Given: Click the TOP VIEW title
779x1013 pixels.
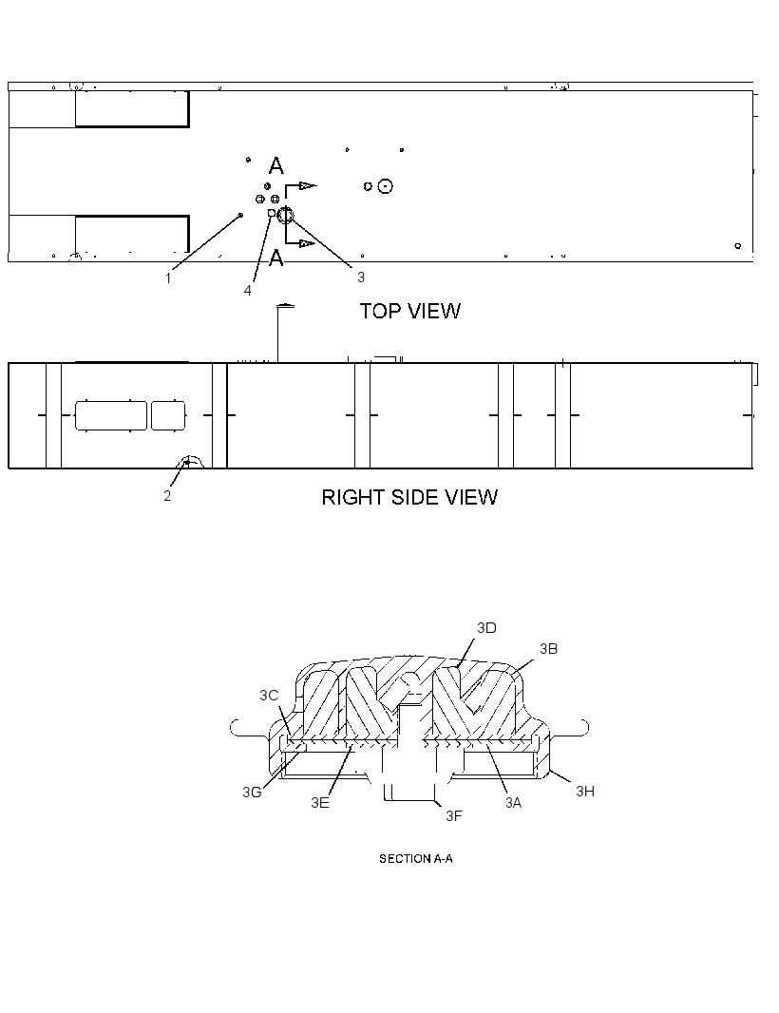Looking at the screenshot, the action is point(410,311).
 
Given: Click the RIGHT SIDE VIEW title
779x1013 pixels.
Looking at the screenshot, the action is point(409,497).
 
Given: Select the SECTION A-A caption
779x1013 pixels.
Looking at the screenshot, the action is point(415,859).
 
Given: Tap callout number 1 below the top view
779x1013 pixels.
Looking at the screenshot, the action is point(168,278).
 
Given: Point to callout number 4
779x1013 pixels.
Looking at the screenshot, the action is point(247,291).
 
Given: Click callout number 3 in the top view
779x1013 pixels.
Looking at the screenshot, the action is point(361,277).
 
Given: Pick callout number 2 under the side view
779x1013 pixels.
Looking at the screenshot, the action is point(167,495).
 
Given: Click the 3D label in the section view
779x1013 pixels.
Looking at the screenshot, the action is point(486,628).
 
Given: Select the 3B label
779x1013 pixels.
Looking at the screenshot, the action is point(548,649).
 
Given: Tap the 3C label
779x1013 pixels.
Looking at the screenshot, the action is point(270,696).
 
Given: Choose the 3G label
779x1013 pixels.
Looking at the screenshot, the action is point(252,792).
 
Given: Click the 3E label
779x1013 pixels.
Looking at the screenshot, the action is point(320,802).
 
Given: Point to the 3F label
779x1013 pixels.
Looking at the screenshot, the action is point(454,816).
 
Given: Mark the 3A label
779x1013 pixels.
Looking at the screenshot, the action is point(513,802).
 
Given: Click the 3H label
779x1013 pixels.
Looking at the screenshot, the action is point(585,792).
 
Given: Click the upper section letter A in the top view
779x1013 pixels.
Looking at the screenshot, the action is point(275,166).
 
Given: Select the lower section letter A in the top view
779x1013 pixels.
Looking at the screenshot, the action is point(275,258).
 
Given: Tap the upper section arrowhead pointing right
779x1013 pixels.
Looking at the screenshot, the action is point(308,186).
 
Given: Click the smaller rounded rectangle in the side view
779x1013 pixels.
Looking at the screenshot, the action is point(168,415).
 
